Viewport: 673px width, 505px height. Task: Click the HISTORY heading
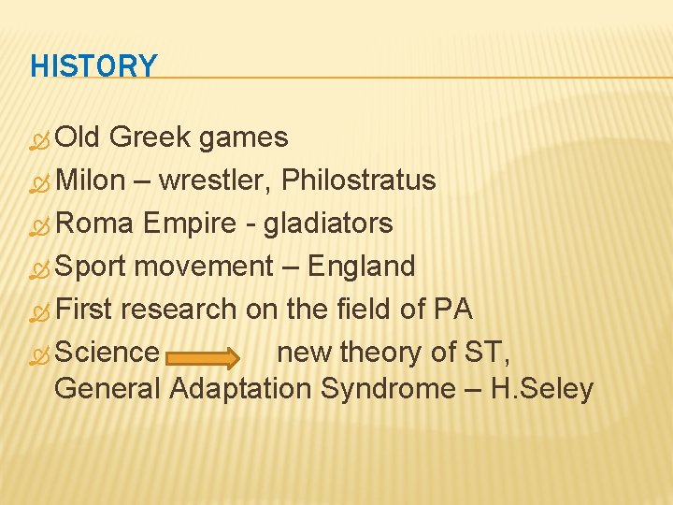(x=93, y=66)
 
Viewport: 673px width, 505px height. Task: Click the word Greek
(x=151, y=137)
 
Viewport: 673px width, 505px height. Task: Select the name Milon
(x=91, y=180)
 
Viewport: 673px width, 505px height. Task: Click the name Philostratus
(x=359, y=180)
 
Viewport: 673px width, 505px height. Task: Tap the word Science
(x=107, y=353)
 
